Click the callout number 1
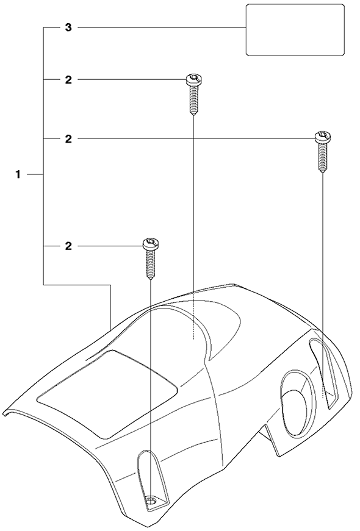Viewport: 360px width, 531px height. coord(18,175)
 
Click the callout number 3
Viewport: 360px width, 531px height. coord(68,27)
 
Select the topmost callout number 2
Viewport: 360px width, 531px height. coord(68,80)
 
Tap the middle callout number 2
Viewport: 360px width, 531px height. coord(68,139)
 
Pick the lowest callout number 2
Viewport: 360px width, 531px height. coord(68,246)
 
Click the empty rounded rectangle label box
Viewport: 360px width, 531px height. coord(295,30)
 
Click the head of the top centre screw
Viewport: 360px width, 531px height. coord(194,80)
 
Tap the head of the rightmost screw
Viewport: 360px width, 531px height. coord(322,137)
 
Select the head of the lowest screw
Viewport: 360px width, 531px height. coord(151,244)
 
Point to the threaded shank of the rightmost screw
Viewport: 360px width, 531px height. coord(322,158)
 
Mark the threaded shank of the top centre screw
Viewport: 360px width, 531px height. coord(193,101)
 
